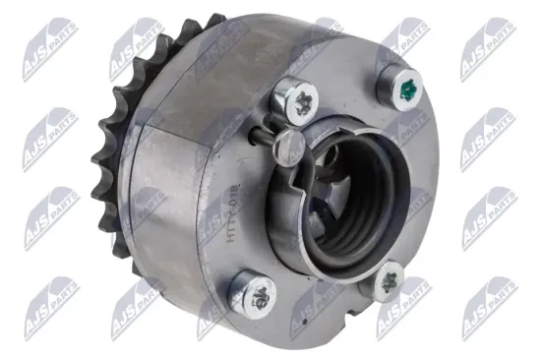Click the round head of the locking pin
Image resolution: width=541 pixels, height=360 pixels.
pos(286,149)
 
